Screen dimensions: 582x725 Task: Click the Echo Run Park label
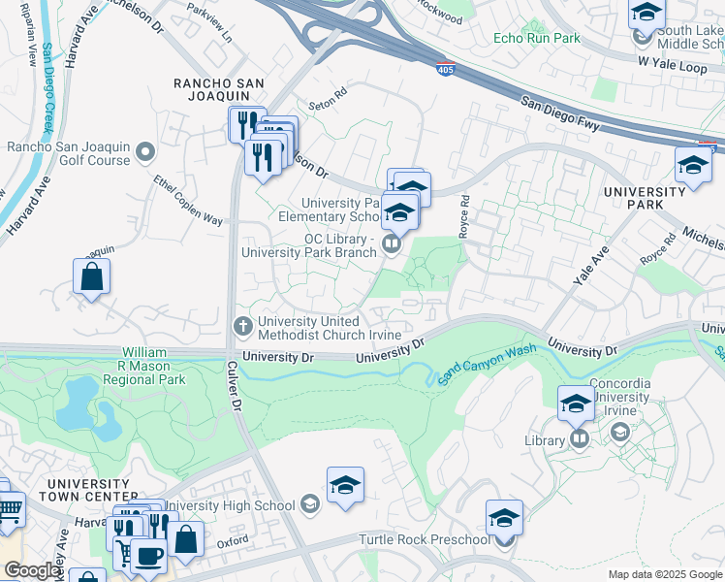tap(536, 38)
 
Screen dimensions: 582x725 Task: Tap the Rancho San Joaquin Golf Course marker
tap(145, 152)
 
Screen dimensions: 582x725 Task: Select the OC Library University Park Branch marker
tap(392, 243)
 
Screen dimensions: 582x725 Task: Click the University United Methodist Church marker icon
tap(245, 323)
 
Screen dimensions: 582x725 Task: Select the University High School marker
tap(309, 504)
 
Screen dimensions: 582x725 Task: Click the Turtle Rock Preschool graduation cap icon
tap(504, 518)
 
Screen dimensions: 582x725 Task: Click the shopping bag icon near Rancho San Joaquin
tap(91, 277)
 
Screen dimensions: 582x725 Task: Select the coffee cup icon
tap(148, 558)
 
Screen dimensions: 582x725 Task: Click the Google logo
tap(32, 570)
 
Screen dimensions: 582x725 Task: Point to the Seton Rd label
tap(328, 99)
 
